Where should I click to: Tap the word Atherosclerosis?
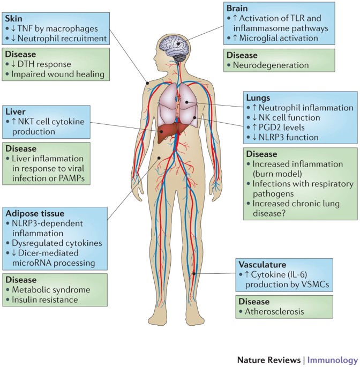pyautogui.click(x=277, y=311)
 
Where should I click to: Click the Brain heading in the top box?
pyautogui.click(x=238, y=7)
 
